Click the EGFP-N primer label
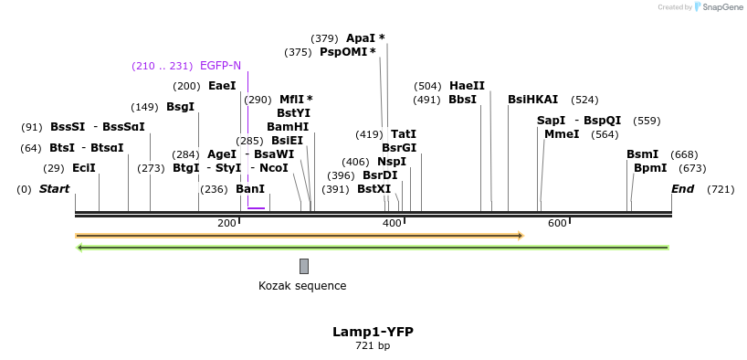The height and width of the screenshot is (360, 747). (220, 66)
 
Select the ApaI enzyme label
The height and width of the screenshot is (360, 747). (361, 38)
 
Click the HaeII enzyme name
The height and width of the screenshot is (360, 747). (467, 86)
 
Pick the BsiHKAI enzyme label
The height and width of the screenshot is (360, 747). (532, 100)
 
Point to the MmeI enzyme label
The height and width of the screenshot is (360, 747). (562, 134)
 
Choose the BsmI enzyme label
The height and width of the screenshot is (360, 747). (642, 154)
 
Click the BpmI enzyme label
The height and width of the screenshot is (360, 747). (650, 168)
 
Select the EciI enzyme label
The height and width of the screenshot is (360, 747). (84, 168)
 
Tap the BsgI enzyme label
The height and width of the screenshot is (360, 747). (180, 107)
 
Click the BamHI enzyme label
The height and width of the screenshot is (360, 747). (288, 127)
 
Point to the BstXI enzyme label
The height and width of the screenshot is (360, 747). (373, 189)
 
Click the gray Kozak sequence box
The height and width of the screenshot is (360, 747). (304, 266)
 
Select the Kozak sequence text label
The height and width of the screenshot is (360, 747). (302, 286)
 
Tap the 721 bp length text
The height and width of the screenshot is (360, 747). (373, 346)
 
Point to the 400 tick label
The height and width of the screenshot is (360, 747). (392, 224)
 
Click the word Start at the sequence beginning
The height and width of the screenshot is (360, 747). (54, 189)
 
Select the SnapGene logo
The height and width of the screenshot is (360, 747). (720, 7)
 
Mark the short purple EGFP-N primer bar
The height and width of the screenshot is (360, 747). (256, 208)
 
